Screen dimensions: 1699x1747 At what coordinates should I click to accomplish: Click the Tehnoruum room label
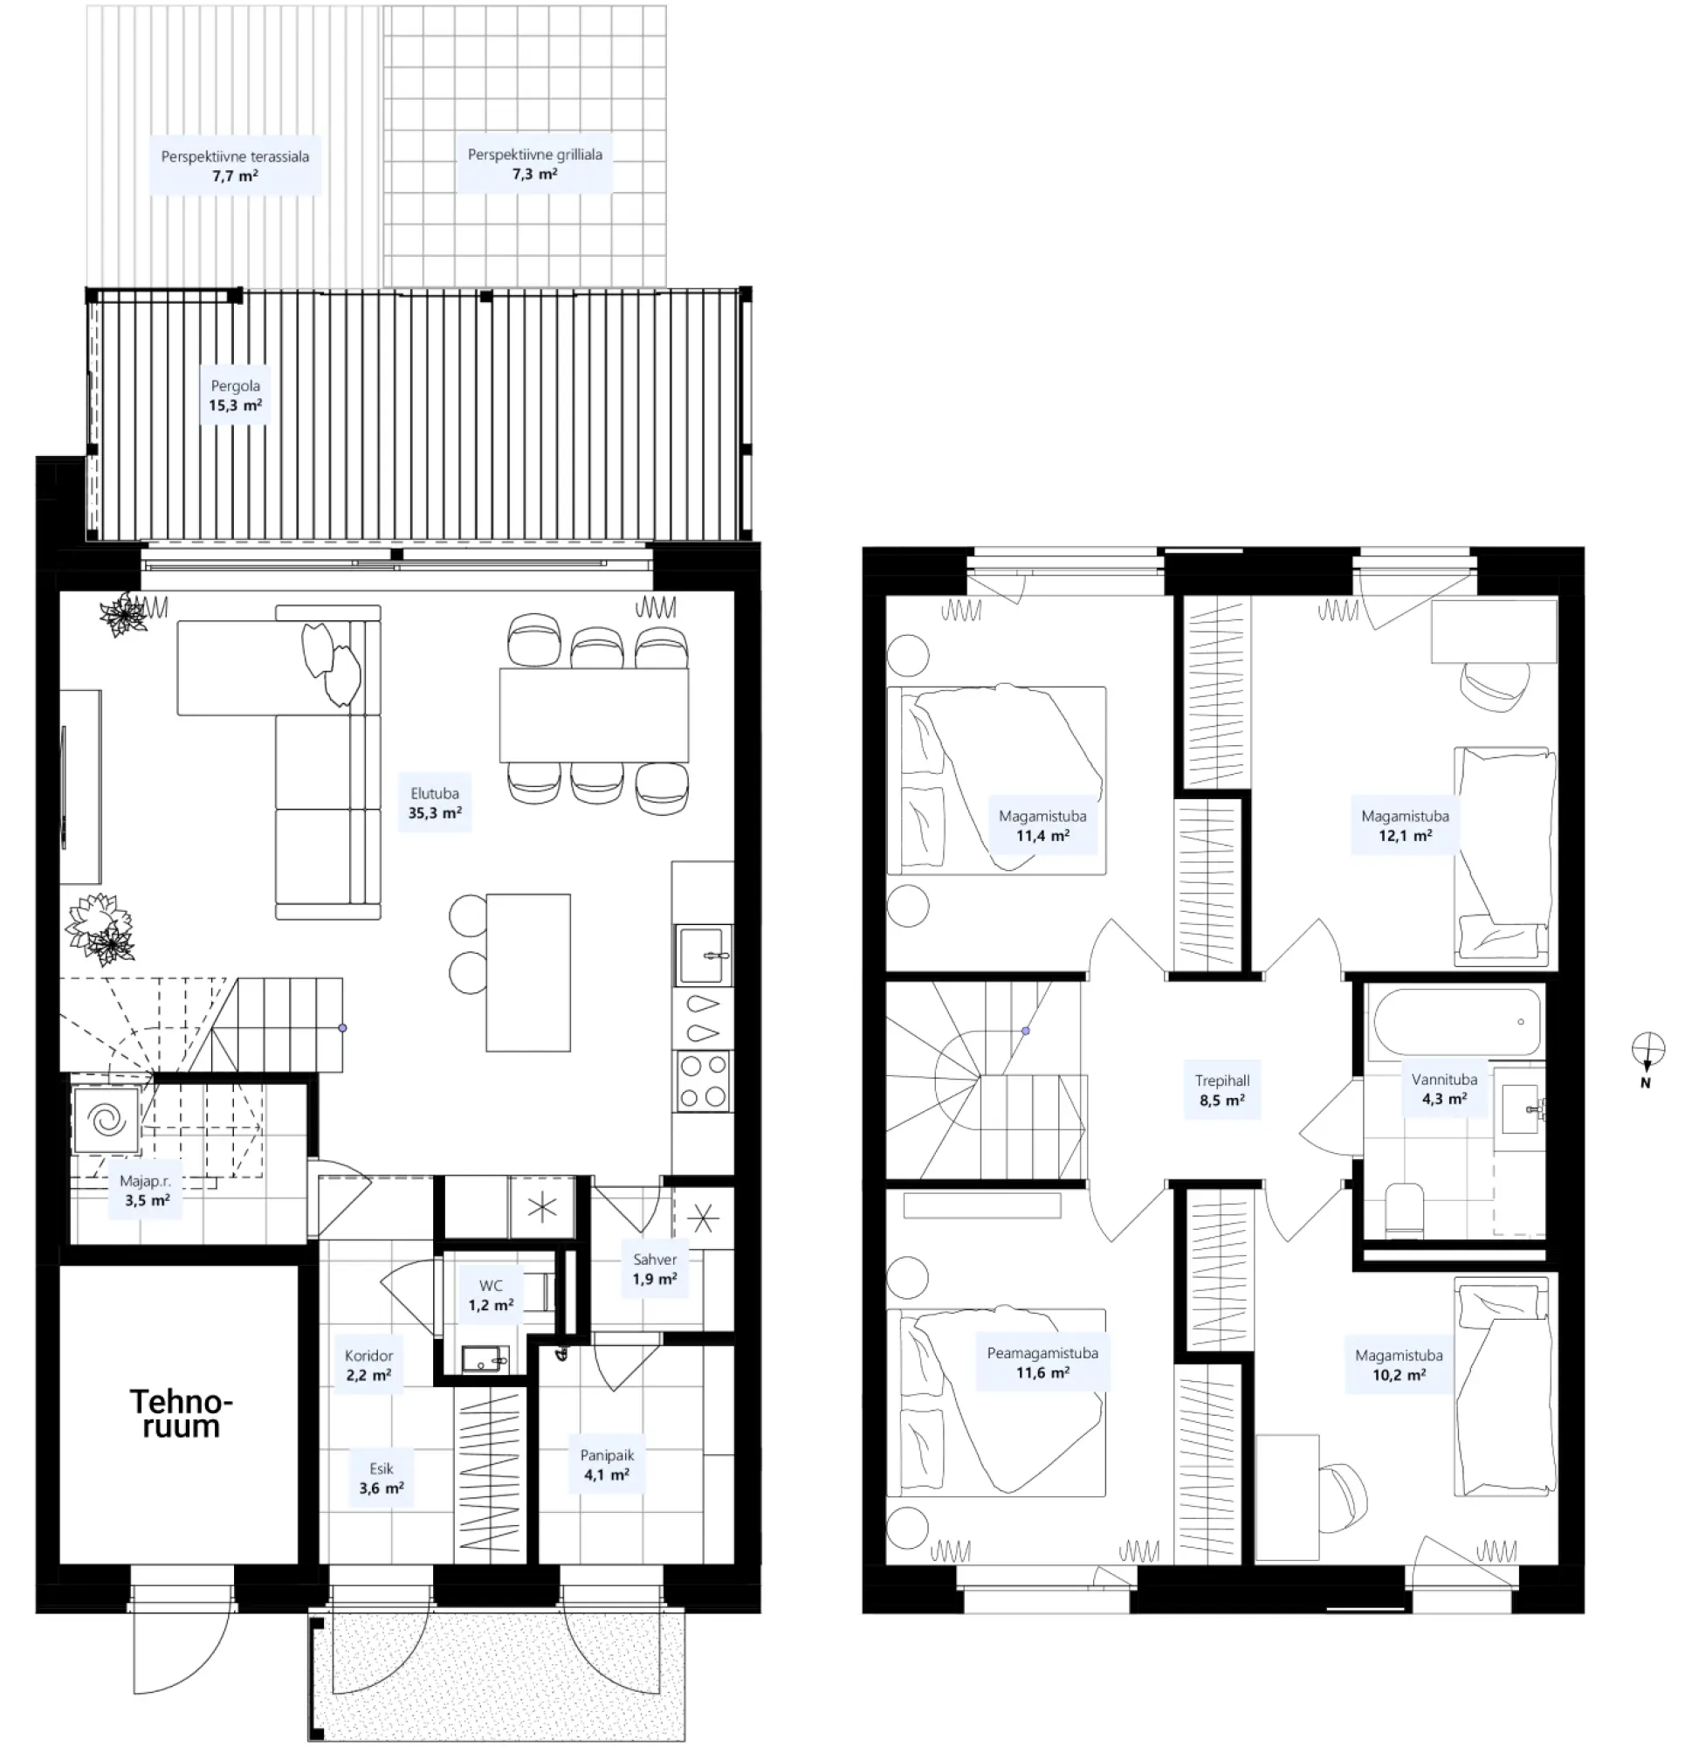tap(180, 1414)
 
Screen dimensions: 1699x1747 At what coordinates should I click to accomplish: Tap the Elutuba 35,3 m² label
tap(435, 804)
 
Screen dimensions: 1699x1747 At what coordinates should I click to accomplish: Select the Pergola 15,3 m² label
tap(236, 396)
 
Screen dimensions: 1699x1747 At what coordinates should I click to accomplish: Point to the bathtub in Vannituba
tap(1457, 1022)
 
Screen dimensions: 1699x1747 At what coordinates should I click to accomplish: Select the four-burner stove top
tap(703, 1081)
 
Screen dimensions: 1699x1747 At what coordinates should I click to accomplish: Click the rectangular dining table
tap(594, 715)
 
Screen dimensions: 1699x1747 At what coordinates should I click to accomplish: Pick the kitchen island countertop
tap(528, 972)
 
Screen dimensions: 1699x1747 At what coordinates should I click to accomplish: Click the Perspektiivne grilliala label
tap(534, 164)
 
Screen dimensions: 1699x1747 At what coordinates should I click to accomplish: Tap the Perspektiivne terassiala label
tap(235, 166)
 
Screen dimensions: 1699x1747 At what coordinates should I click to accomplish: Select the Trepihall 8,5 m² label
tap(1221, 1090)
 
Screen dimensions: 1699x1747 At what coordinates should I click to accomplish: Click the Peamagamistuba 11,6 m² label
tap(1042, 1363)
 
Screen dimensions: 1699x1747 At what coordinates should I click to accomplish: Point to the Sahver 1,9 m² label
tap(655, 1268)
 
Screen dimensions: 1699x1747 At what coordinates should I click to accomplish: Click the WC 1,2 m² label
tap(491, 1295)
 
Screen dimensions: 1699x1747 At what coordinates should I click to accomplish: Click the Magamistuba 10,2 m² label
tap(1399, 1365)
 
